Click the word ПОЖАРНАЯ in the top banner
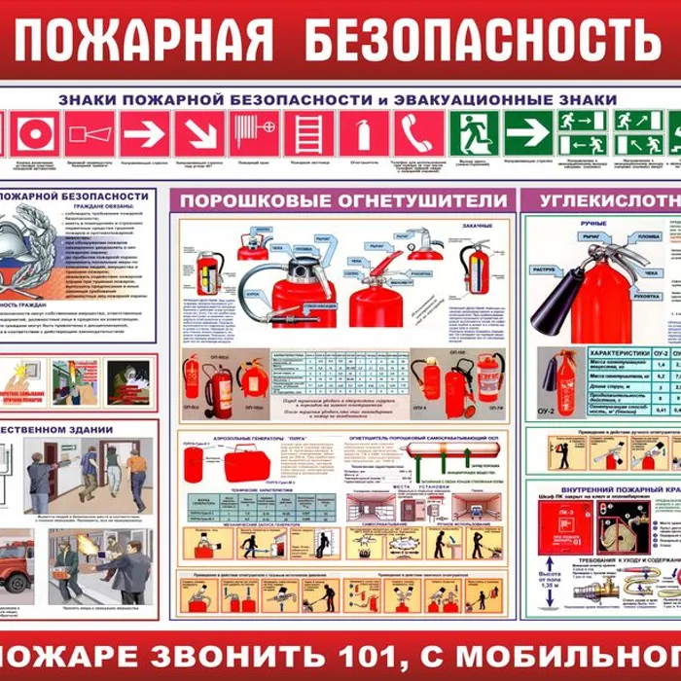pyautogui.click(x=144, y=40)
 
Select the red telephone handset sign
pyautogui.click(x=418, y=133)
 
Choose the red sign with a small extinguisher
pyautogui.click(x=364, y=133)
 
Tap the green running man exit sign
pyautogui.click(x=474, y=133)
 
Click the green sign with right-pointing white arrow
pyautogui.click(x=528, y=133)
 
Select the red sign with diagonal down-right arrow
pyautogui.click(x=199, y=133)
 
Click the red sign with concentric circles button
pyautogui.click(x=35, y=133)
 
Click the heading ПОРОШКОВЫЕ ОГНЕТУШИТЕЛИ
pyautogui.click(x=340, y=200)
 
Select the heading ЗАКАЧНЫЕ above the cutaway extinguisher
pyautogui.click(x=478, y=226)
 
